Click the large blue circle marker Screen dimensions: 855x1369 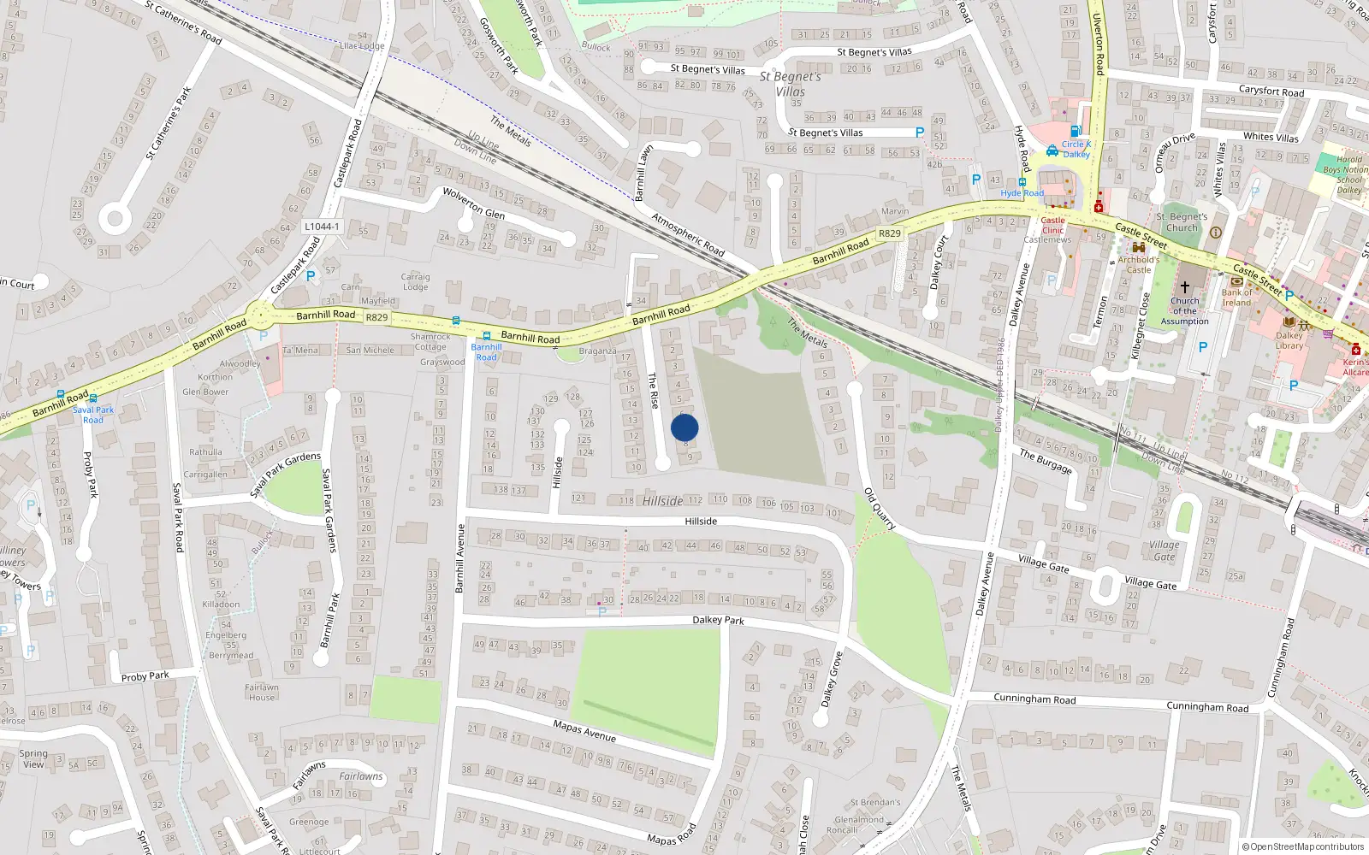pyautogui.click(x=684, y=427)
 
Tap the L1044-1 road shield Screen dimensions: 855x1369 pyautogui.click(x=322, y=227)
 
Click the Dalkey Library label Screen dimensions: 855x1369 pyautogui.click(x=1289, y=340)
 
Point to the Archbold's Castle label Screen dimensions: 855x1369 pyautogui.click(x=1139, y=264)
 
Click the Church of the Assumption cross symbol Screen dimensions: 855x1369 pyautogui.click(x=1185, y=287)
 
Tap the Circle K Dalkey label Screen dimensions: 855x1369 pyautogui.click(x=1076, y=150)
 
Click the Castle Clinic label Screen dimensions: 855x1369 pyautogui.click(x=1052, y=225)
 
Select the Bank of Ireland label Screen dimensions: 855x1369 pyautogui.click(x=1236, y=298)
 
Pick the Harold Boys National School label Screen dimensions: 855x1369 pyautogui.click(x=1348, y=174)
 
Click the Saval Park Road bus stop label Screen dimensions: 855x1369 pyautogui.click(x=93, y=415)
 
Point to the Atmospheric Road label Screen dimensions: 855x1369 pyautogui.click(x=688, y=234)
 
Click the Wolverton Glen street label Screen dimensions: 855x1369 pyautogui.click(x=473, y=203)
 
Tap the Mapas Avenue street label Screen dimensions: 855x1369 pyautogui.click(x=584, y=731)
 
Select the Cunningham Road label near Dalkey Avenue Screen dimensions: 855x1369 pyautogui.click(x=1034, y=699)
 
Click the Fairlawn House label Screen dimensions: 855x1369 pyautogui.click(x=262, y=692)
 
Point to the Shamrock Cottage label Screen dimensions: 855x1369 pyautogui.click(x=430, y=342)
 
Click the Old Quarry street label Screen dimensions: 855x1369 pyautogui.click(x=879, y=509)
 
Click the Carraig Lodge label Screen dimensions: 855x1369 pyautogui.click(x=416, y=281)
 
